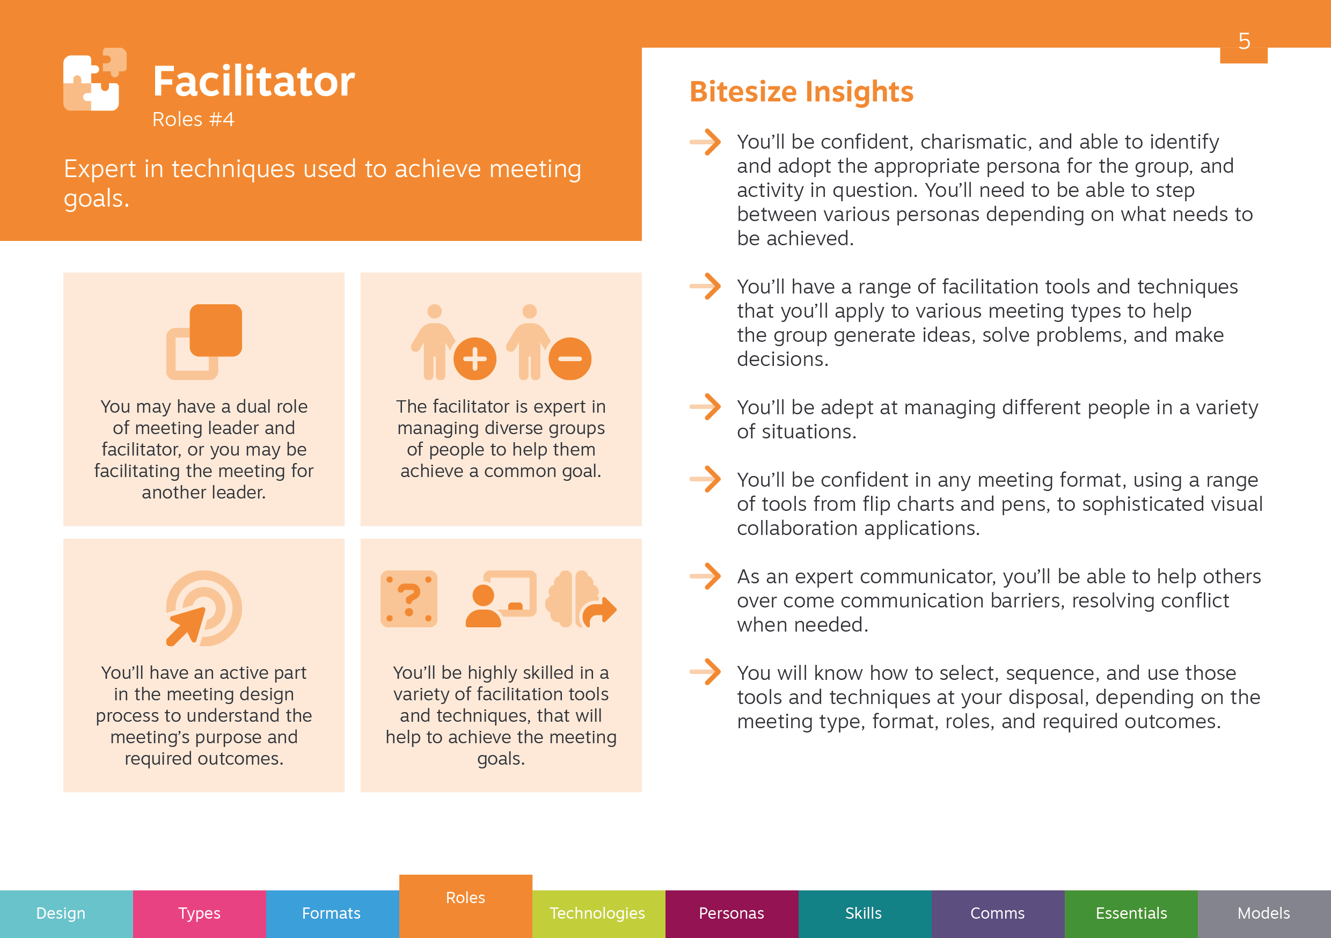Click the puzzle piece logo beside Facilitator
coord(94,79)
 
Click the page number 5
coord(1244,41)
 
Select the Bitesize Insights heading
coord(801,92)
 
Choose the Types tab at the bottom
coord(200,914)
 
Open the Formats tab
coord(332,914)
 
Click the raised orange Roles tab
coord(465,906)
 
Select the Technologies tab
coord(598,914)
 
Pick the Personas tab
coord(732,914)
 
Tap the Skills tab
coord(864,914)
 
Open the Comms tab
coord(998,914)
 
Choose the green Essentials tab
coord(1131,914)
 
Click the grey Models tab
coord(1264,914)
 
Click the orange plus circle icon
coord(475,359)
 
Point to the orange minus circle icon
coord(570,359)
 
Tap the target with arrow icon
coord(203,608)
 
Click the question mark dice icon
coord(408,599)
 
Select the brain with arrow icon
coord(580,599)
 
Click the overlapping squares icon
coord(204,342)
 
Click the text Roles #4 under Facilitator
coord(193,120)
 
